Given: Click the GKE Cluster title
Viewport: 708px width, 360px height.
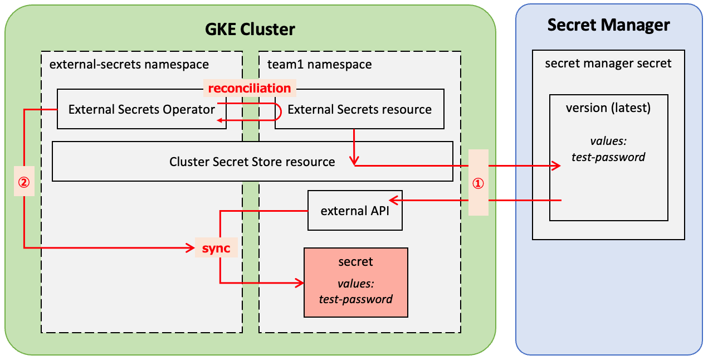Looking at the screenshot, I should [x=250, y=29].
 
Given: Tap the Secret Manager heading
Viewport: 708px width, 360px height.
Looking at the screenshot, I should [x=608, y=25].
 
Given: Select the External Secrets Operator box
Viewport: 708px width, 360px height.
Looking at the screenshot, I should [x=141, y=110].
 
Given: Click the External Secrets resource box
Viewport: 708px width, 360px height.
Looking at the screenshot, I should [x=359, y=110].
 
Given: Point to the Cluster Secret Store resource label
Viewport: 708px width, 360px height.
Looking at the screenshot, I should [x=252, y=162].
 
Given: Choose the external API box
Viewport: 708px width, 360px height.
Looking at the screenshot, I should [x=355, y=211].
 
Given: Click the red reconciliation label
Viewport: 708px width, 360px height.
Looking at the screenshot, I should [x=249, y=88].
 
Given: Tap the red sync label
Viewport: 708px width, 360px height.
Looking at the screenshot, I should [x=216, y=249].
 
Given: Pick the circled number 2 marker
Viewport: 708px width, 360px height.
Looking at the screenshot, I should [x=23, y=182].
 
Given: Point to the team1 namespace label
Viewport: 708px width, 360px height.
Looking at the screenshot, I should [x=319, y=64].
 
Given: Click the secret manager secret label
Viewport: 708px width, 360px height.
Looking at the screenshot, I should [x=608, y=64].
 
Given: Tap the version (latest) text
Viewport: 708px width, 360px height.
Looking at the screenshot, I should [x=608, y=108].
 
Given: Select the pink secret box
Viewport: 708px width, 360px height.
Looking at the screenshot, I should [x=355, y=283].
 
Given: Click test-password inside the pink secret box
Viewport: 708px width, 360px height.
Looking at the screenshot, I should [x=355, y=299].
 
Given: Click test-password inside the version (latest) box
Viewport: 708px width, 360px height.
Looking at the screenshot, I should [x=608, y=157].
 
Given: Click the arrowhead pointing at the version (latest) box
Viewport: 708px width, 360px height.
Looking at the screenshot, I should [x=555, y=166].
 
